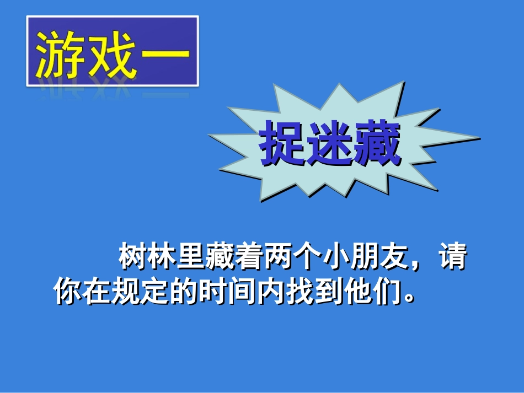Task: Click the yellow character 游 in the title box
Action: (x=60, y=55)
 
